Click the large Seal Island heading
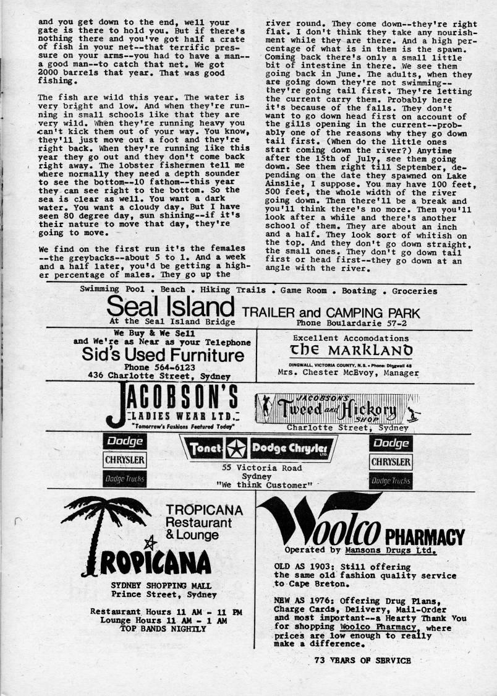pos(170,307)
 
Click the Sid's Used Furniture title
pos(163,355)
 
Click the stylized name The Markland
pos(352,351)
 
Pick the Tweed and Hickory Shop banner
pos(337,408)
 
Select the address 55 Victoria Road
pos(262,468)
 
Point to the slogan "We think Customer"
pos(265,485)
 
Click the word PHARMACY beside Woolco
pos(425,536)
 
